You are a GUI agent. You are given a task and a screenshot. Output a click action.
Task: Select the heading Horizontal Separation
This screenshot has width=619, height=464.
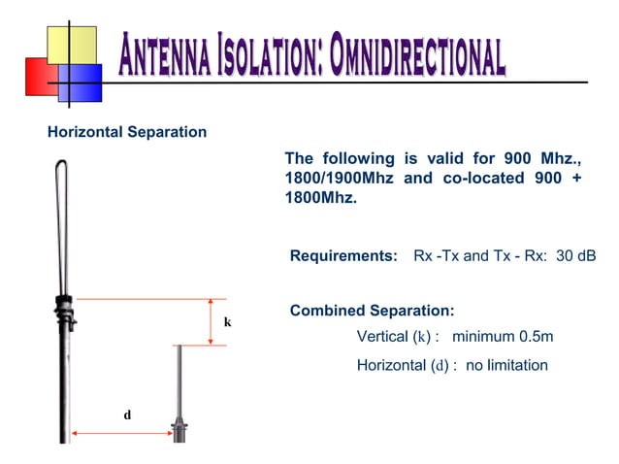tap(127, 131)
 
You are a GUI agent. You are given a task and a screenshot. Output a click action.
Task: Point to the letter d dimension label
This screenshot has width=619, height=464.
tap(127, 414)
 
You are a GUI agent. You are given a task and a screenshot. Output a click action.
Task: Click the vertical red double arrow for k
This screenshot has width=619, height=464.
tap(212, 321)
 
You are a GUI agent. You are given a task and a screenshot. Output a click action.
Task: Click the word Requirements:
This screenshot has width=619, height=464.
tap(344, 256)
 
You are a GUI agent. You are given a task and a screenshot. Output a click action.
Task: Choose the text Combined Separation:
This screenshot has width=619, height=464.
tap(372, 311)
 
